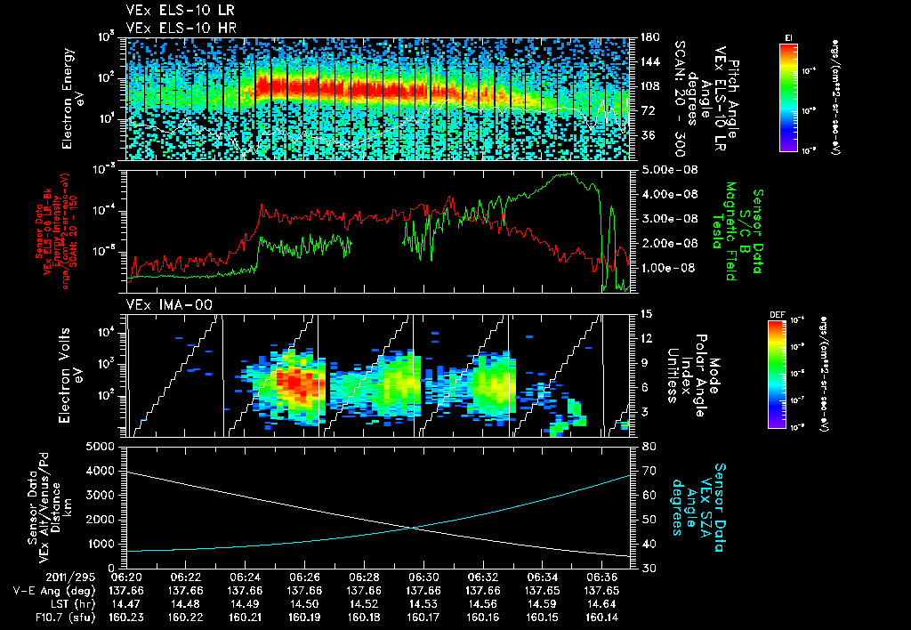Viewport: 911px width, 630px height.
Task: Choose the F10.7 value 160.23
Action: coord(126,617)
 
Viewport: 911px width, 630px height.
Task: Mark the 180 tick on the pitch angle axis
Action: coord(649,37)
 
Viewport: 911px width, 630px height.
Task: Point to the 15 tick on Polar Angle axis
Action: coord(645,314)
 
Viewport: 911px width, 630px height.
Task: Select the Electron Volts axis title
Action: coord(73,374)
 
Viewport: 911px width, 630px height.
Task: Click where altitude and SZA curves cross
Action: coord(414,528)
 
